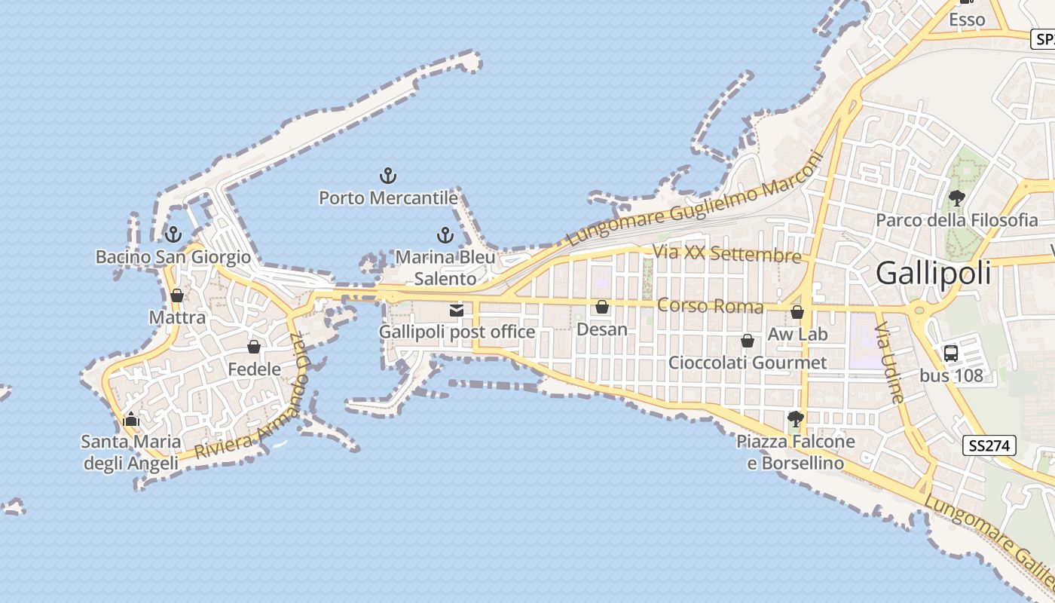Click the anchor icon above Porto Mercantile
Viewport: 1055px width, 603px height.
click(x=387, y=176)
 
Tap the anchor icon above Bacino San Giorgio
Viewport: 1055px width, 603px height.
click(x=173, y=234)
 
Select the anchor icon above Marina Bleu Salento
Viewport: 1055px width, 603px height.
click(x=445, y=235)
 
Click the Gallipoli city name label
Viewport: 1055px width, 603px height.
click(x=933, y=274)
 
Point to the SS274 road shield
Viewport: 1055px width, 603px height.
click(x=989, y=445)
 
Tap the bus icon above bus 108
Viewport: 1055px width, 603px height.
click(x=951, y=353)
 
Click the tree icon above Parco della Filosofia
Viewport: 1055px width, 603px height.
click(x=956, y=198)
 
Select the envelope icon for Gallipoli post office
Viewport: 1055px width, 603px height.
click(x=456, y=310)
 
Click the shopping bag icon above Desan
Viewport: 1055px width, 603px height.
click(x=601, y=307)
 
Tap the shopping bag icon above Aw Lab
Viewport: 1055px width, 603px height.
click(x=797, y=312)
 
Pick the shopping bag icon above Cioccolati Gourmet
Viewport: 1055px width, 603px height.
click(x=748, y=341)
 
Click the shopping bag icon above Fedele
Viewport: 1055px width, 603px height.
click(x=254, y=347)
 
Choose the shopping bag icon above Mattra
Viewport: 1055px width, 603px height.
click(x=177, y=295)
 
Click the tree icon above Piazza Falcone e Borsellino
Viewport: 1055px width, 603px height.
click(x=795, y=419)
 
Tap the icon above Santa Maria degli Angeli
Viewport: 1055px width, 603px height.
click(x=131, y=419)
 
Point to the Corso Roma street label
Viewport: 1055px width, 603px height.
click(x=710, y=306)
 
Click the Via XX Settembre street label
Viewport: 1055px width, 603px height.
click(x=726, y=253)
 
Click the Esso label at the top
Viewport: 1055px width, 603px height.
click(x=967, y=20)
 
